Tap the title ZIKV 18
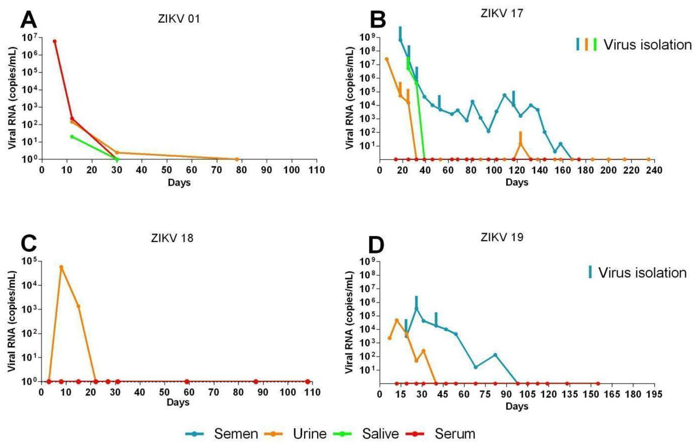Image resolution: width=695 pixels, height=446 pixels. (x=172, y=238)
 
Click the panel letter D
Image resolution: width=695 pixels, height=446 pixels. (x=376, y=246)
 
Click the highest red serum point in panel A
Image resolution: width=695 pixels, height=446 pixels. (x=55, y=41)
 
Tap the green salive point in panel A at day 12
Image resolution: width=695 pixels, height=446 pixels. (x=72, y=137)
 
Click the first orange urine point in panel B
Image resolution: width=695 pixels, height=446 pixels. (x=386, y=59)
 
